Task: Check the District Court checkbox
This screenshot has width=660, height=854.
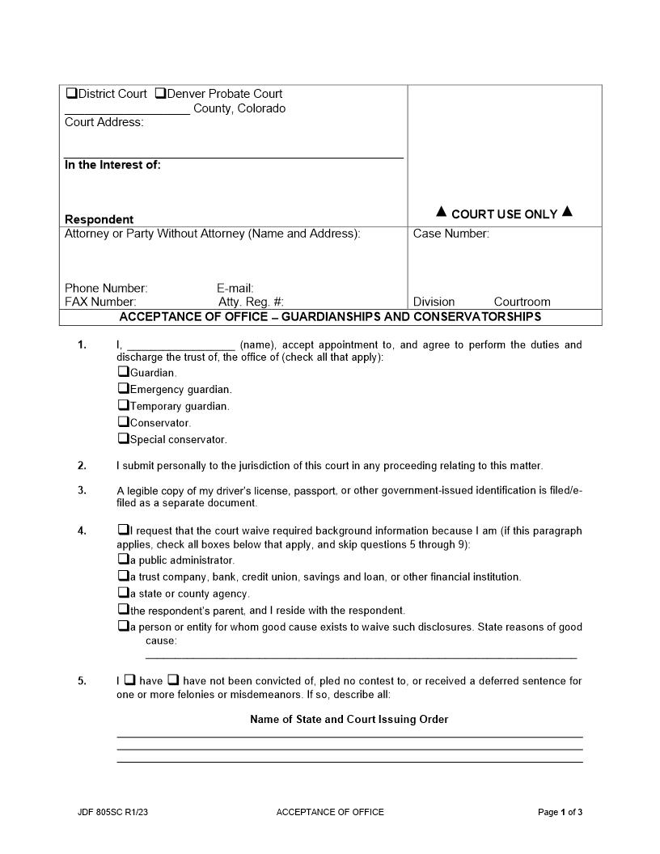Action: pos(71,93)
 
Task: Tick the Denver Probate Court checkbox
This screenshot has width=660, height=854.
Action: pos(160,93)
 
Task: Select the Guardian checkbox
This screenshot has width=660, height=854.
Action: pos(123,372)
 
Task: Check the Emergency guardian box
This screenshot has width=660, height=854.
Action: pos(123,388)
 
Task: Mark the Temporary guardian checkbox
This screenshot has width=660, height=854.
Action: pos(123,405)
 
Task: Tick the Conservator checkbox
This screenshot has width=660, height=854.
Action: pos(123,421)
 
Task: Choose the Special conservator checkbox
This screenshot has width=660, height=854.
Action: pos(123,438)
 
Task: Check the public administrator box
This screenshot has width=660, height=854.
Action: pos(123,559)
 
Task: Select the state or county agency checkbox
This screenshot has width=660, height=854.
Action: pos(123,592)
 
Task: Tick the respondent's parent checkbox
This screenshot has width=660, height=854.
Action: pos(123,609)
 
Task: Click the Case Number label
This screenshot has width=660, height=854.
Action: pos(451,234)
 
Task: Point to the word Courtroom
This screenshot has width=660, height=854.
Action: pos(522,302)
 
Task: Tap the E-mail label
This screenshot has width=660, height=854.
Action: pos(235,288)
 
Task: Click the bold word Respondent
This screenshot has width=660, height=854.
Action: pos(99,219)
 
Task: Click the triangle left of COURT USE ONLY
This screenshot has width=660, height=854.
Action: pos(441,212)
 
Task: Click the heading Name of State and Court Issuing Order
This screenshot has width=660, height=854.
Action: pos(349,719)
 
